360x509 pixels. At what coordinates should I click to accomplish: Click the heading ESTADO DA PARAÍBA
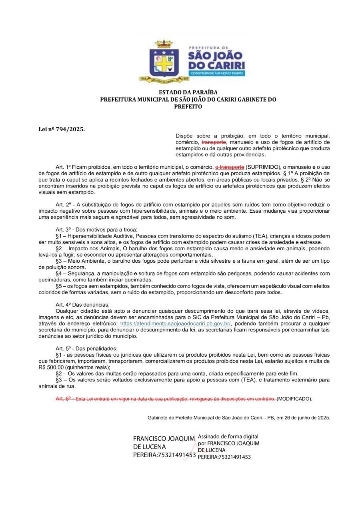point(188,93)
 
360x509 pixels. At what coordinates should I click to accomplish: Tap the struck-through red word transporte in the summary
point(214,142)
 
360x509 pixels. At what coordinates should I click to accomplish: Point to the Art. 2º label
point(64,205)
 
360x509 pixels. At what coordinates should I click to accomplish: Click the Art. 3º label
point(64,230)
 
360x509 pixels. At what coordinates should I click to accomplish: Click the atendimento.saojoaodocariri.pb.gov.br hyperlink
point(176,323)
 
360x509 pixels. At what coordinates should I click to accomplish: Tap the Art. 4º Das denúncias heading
point(82,305)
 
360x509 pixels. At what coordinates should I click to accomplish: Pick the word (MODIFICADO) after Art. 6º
point(294,399)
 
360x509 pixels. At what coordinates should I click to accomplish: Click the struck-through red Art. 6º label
point(63,399)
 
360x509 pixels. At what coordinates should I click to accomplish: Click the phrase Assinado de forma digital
point(228,437)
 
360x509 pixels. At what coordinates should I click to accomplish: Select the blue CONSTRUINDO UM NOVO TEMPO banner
point(216,74)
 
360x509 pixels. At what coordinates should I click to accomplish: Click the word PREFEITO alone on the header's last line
point(188,107)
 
